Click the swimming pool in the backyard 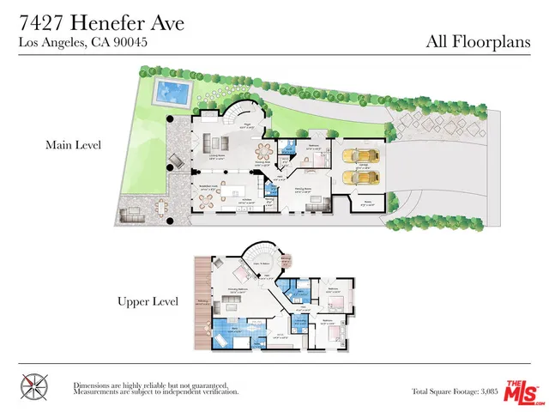[172, 88]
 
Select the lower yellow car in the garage [354, 177]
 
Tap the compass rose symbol [33, 385]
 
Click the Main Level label [73, 146]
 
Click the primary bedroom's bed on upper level [241, 274]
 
